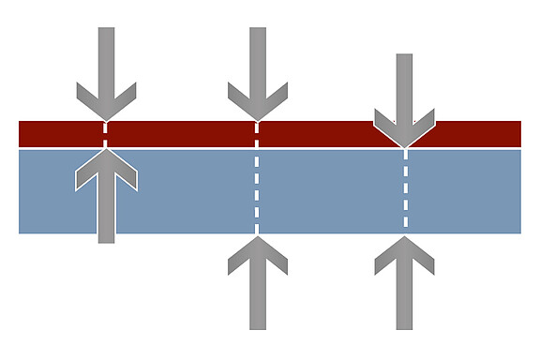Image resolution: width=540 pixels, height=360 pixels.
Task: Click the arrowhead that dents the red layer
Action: [x=404, y=129]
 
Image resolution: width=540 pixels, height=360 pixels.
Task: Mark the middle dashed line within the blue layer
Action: [x=256, y=192]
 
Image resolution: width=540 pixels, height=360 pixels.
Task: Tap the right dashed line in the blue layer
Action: [x=404, y=192]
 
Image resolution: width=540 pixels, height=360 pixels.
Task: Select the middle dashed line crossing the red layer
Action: [x=256, y=134]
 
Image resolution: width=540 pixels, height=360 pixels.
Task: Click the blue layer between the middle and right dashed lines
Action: [x=330, y=192]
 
